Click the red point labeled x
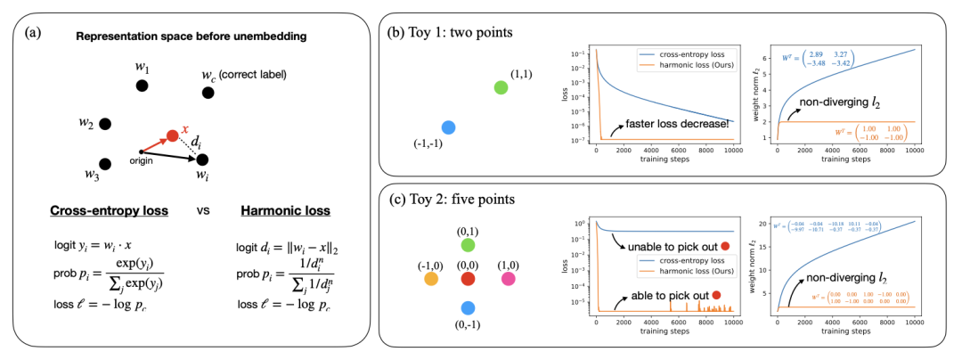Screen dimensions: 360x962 coord(172,135)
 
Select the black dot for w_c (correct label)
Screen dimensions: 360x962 coord(208,92)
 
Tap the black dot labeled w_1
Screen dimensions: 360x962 coord(141,86)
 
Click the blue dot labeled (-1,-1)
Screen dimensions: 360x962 coord(448,127)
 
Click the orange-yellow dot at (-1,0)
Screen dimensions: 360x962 coord(430,280)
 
